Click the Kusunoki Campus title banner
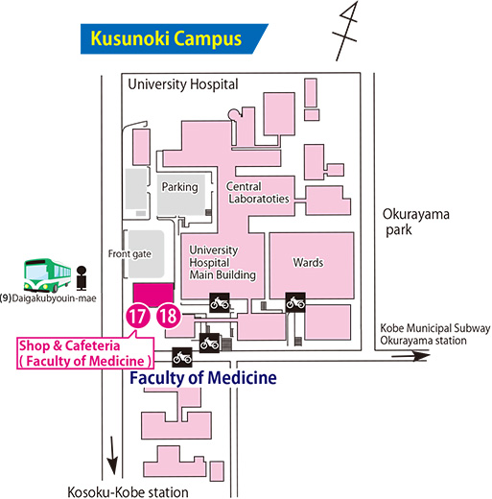[175, 38]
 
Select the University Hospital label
[183, 84]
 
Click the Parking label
[179, 187]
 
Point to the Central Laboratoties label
[258, 193]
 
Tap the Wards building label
[308, 263]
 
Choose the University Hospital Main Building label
[223, 263]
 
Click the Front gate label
[129, 254]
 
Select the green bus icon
[47, 275]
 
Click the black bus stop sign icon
[82, 278]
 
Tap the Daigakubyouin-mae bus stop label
[48, 298]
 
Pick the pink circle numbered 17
[138, 316]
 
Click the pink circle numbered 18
[169, 316]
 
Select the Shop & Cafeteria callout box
[85, 353]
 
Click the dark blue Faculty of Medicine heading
[203, 378]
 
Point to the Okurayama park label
[415, 222]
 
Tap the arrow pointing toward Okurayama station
[410, 356]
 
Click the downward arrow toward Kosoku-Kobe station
[112, 456]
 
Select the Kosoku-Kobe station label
[128, 492]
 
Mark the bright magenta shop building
[153, 295]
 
